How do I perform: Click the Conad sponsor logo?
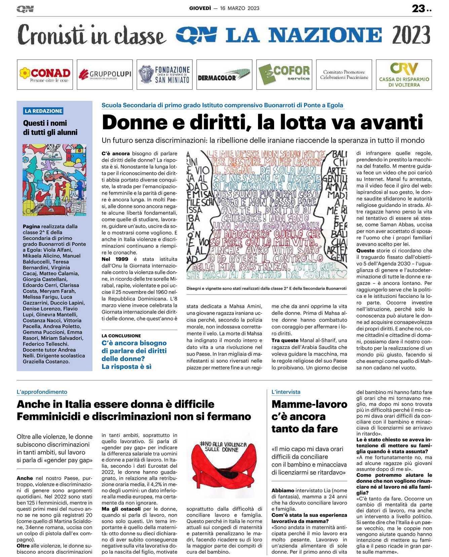[45, 75]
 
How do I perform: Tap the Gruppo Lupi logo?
[105, 75]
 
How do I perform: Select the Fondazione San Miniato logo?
[164, 75]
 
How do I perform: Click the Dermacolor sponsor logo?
[224, 75]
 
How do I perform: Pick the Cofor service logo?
[284, 75]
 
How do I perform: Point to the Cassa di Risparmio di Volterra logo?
[404, 75]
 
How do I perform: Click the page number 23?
[419, 8]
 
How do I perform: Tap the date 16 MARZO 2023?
[239, 8]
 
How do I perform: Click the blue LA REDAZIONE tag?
[43, 111]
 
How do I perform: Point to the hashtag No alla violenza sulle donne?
[223, 447]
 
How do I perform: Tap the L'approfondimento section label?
[42, 392]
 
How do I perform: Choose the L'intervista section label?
[286, 392]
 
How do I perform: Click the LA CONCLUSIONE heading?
[121, 336]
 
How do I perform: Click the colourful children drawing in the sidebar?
[54, 180]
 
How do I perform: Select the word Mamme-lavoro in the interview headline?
[309, 404]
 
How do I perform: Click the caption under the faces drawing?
[266, 288]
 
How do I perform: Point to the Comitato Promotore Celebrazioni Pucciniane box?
[344, 75]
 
